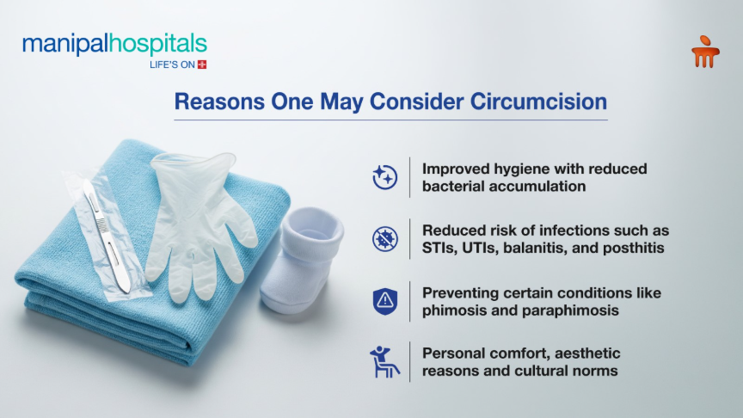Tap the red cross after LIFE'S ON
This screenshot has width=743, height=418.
pyautogui.click(x=202, y=65)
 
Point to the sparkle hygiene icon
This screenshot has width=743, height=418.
pyautogui.click(x=384, y=177)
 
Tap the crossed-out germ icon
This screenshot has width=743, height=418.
pyautogui.click(x=384, y=238)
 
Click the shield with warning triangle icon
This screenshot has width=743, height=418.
pyautogui.click(x=384, y=301)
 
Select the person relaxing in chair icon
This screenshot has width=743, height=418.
pyautogui.click(x=384, y=361)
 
